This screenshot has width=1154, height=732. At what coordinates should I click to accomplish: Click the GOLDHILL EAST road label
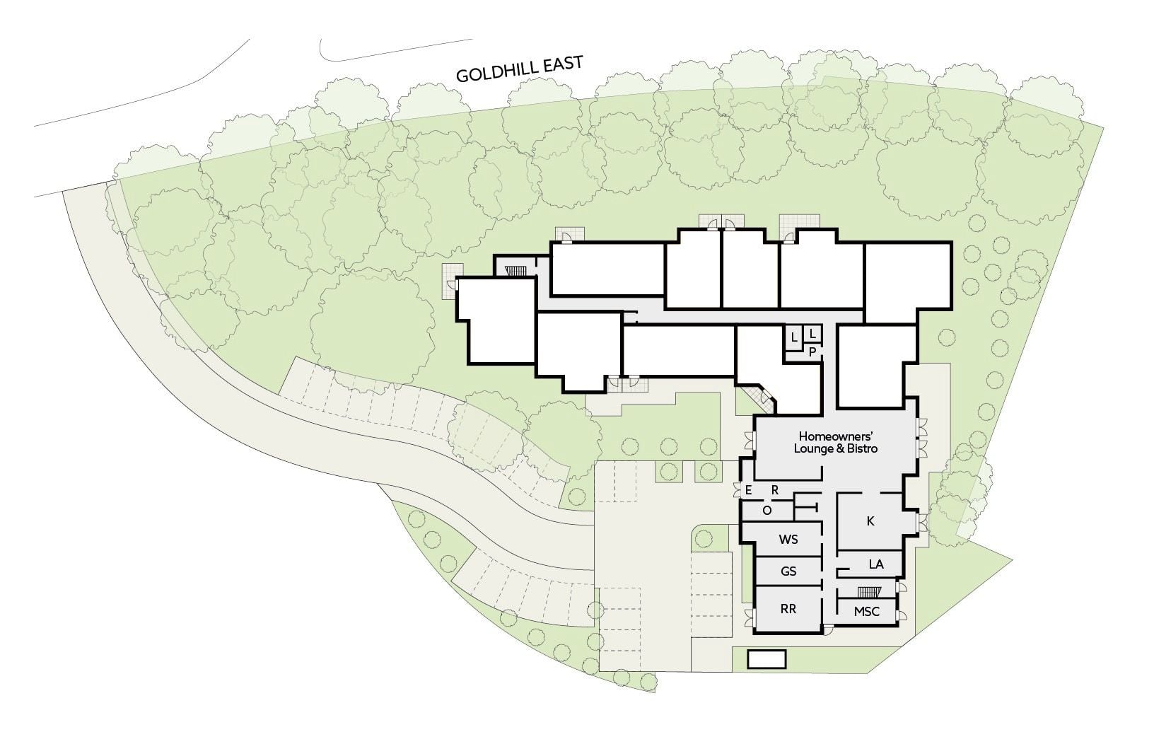pyautogui.click(x=519, y=69)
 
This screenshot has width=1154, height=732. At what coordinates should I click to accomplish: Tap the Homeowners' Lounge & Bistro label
pyautogui.click(x=835, y=443)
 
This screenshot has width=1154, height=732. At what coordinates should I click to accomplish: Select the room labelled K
pyautogui.click(x=870, y=521)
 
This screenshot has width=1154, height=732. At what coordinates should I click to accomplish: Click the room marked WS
pyautogui.click(x=788, y=540)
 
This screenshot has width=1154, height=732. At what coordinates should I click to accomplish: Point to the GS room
pyautogui.click(x=788, y=571)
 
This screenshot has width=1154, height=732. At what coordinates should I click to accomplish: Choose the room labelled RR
pyautogui.click(x=788, y=609)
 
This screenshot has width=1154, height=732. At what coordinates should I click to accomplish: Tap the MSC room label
pyautogui.click(x=866, y=612)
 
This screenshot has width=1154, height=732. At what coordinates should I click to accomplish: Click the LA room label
pyautogui.click(x=876, y=564)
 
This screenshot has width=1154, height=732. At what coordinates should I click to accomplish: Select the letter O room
pyautogui.click(x=767, y=511)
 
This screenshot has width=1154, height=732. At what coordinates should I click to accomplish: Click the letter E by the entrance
pyautogui.click(x=749, y=490)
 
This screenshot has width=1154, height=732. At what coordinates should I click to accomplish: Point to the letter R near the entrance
pyautogui.click(x=774, y=490)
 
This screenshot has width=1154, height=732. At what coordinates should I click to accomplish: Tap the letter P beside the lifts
pyautogui.click(x=812, y=352)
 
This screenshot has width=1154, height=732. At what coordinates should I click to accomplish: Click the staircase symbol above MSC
pyautogui.click(x=869, y=592)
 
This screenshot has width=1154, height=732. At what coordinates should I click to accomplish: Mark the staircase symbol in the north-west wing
pyautogui.click(x=515, y=270)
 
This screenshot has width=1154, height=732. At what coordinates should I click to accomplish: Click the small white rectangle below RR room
pyautogui.click(x=767, y=659)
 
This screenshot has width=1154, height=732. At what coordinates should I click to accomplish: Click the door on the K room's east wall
pyautogui.click(x=921, y=523)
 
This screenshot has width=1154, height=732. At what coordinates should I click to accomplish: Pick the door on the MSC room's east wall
pyautogui.click(x=901, y=615)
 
